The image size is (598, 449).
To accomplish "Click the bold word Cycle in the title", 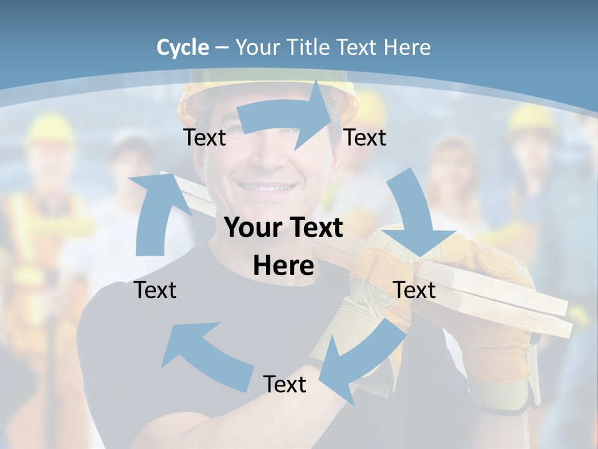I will pyautogui.click(x=183, y=47).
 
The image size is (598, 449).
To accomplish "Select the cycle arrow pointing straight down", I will pyautogui.click(x=415, y=215).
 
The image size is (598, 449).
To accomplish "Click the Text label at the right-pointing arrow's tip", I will pyautogui.click(x=365, y=137).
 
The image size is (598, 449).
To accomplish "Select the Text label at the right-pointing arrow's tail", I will pyautogui.click(x=204, y=137).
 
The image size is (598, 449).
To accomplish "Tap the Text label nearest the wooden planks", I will pyautogui.click(x=414, y=290).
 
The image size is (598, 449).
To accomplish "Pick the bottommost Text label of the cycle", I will pyautogui.click(x=285, y=384).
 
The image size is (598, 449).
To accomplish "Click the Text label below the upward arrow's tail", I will pyautogui.click(x=155, y=290).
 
